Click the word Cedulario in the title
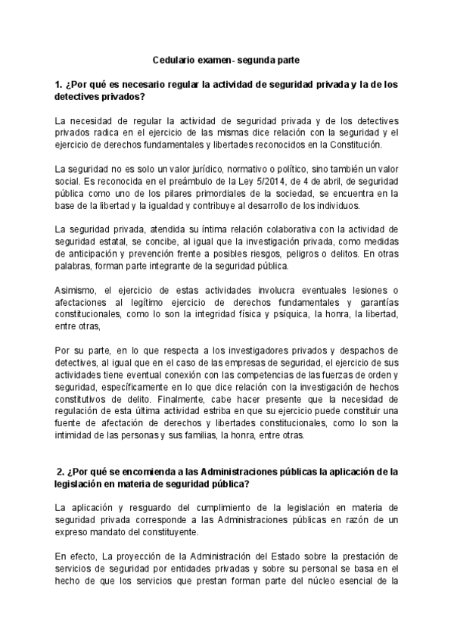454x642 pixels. [174, 58]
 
